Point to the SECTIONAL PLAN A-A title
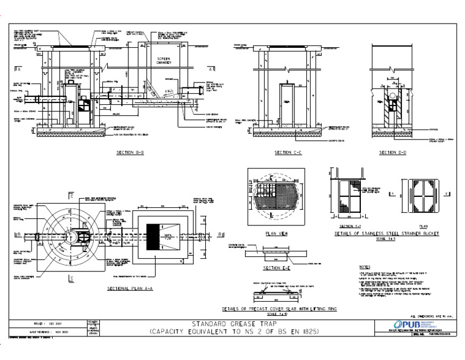tap(130, 289)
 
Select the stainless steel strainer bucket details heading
tap(386, 233)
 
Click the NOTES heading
tap(364, 267)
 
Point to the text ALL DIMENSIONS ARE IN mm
tap(432, 316)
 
